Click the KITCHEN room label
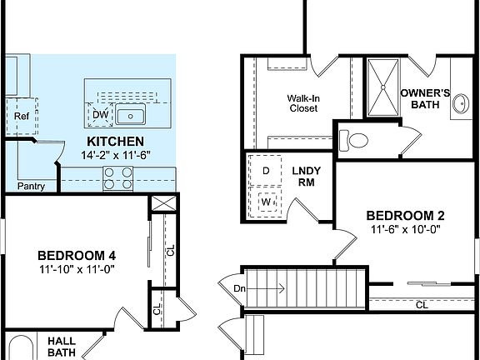click(115, 142)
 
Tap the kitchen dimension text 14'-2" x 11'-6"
click(115, 155)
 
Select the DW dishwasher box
click(101, 114)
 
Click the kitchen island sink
click(131, 115)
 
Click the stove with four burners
click(117, 177)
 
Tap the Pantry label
click(31, 187)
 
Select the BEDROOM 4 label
click(77, 255)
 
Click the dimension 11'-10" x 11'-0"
click(77, 269)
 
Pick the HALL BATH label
click(61, 347)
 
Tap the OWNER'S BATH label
click(425, 98)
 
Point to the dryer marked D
click(266, 170)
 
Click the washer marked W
click(266, 202)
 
